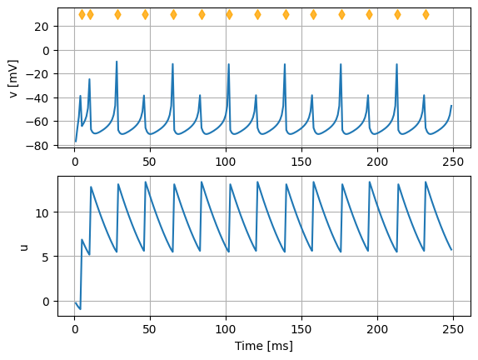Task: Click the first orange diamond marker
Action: click(82, 14)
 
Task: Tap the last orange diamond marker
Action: click(426, 14)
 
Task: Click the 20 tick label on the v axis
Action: click(42, 27)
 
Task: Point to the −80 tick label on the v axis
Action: click(37, 146)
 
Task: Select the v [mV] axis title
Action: click(13, 79)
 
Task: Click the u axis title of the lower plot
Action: click(24, 247)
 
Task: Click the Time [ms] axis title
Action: click(264, 347)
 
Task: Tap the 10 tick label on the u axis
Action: click(42, 212)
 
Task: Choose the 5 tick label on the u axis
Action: click(46, 257)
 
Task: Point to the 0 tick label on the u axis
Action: click(46, 302)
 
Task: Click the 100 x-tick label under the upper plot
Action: click(226, 162)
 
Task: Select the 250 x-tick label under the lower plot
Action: click(453, 329)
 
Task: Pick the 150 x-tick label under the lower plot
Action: click(301, 329)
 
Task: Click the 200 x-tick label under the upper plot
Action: click(377, 162)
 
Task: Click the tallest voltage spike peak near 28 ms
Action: click(117, 62)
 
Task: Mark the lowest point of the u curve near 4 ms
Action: click(80, 309)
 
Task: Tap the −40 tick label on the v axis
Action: click(37, 98)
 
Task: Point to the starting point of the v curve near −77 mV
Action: click(76, 142)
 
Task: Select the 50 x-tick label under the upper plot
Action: click(150, 162)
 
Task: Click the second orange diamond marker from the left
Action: click(90, 14)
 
